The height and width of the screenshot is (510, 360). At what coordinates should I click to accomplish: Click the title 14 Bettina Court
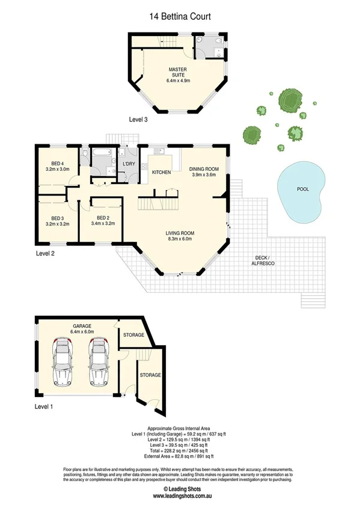pos(180,17)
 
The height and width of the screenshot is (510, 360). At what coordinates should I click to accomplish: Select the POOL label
pos(303,189)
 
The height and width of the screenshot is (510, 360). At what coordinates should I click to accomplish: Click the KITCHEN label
pos(161,173)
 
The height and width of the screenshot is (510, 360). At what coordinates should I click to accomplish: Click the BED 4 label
pos(57,162)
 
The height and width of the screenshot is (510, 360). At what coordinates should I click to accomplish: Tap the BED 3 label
pos(57,218)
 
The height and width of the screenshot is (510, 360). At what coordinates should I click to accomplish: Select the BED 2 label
pos(103,218)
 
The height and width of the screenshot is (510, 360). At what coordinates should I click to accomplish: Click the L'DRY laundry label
pos(127,164)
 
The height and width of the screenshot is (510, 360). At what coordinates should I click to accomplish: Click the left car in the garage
pos(63,362)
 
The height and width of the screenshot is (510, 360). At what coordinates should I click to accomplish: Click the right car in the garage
pos(98,362)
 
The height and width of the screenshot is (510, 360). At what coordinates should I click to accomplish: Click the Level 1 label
pos(44,408)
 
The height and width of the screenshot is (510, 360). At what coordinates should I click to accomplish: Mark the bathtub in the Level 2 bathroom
pos(100,153)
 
